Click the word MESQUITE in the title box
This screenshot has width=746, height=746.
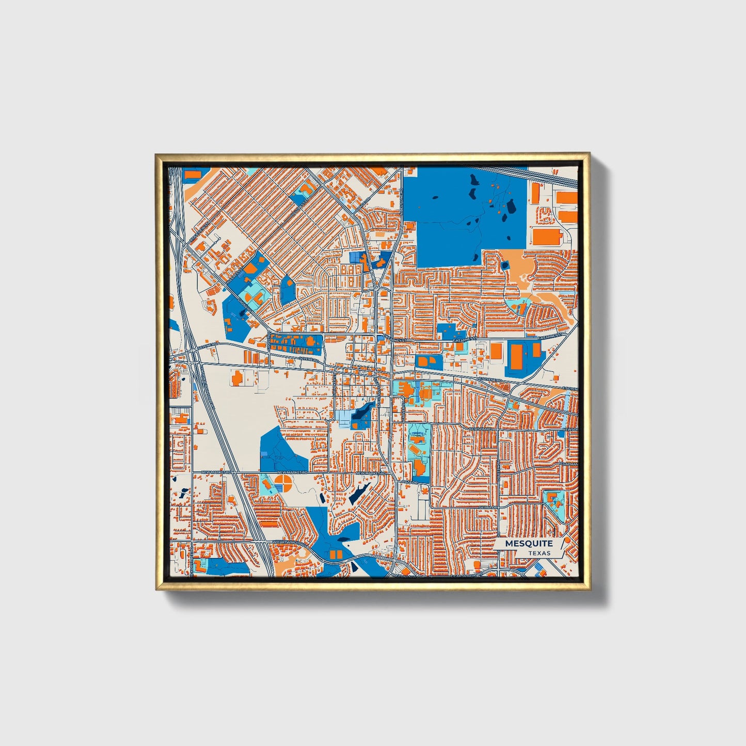coord(529,544)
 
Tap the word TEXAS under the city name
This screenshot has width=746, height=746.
coord(539,553)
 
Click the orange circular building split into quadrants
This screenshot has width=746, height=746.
coord(282,484)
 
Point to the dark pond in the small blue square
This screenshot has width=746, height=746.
coord(504,265)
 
